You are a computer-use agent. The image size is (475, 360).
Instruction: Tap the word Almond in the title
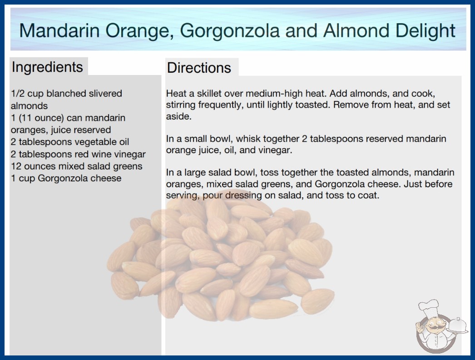[356, 30]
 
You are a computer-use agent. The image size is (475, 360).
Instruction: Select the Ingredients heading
[47, 67]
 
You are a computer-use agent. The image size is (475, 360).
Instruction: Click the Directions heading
[199, 68]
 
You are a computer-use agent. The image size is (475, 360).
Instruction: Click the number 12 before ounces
[16, 166]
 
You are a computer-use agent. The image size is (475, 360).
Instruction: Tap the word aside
[179, 116]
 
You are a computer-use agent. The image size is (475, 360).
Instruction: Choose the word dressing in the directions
[243, 195]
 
